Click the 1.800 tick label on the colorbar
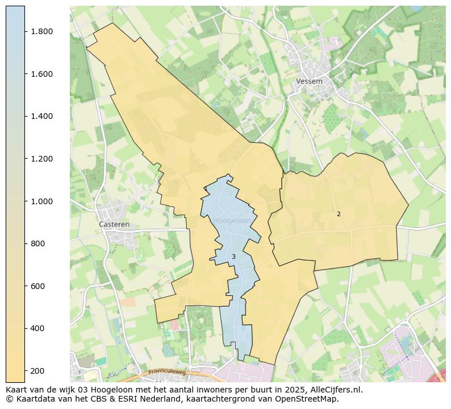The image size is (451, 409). click(42, 31)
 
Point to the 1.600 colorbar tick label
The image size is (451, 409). click(42, 74)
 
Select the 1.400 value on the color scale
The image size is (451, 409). click(42, 116)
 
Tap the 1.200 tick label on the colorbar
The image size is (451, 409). click(42, 159)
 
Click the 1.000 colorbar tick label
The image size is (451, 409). click(42, 201)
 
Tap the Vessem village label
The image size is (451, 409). click(309, 81)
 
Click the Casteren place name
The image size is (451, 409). click(114, 224)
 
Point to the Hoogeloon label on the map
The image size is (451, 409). click(232, 221)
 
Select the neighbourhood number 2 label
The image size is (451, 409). click(339, 214)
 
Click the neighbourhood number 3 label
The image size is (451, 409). click(233, 257)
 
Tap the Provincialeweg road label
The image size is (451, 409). click(167, 373)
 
